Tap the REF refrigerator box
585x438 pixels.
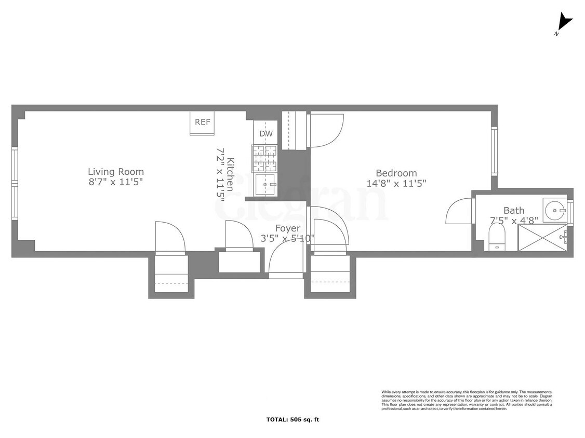tap(203, 122)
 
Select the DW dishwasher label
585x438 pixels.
tap(266, 133)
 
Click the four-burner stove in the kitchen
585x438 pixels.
tap(264, 158)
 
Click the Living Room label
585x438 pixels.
tap(115, 172)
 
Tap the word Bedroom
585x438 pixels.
tap(396, 173)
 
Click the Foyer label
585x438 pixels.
tap(287, 228)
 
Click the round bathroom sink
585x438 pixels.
tap(555, 210)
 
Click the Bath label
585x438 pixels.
tap(514, 210)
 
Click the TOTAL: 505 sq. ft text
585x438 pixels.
tap(292, 419)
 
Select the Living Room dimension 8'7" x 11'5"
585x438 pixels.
tap(115, 182)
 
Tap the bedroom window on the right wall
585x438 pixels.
tap(495, 151)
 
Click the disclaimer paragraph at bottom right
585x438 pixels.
tap(467, 400)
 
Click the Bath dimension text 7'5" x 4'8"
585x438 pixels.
tap(514, 221)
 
